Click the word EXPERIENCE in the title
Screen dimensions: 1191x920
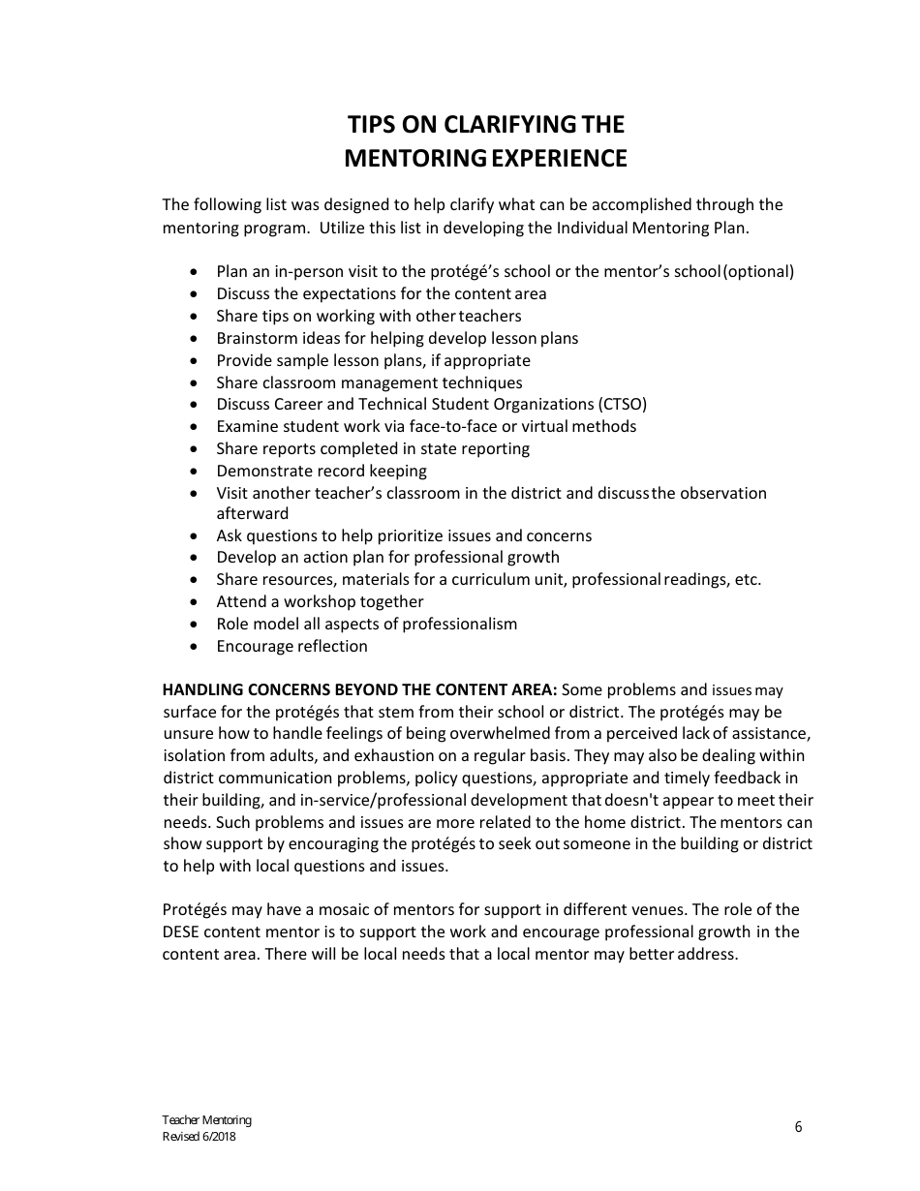559,158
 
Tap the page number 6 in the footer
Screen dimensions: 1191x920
798,1126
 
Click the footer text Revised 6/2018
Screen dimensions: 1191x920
199,1137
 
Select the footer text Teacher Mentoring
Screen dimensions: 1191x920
206,1120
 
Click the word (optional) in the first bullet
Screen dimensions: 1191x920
758,271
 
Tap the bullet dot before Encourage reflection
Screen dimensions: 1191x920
196,647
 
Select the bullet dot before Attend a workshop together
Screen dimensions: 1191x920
196,602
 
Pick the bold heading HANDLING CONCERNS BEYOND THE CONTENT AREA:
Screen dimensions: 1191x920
359,690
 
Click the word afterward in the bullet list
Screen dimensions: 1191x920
252,513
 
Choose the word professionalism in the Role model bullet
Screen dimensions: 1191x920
459,624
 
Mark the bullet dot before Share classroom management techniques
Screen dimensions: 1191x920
196,383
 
